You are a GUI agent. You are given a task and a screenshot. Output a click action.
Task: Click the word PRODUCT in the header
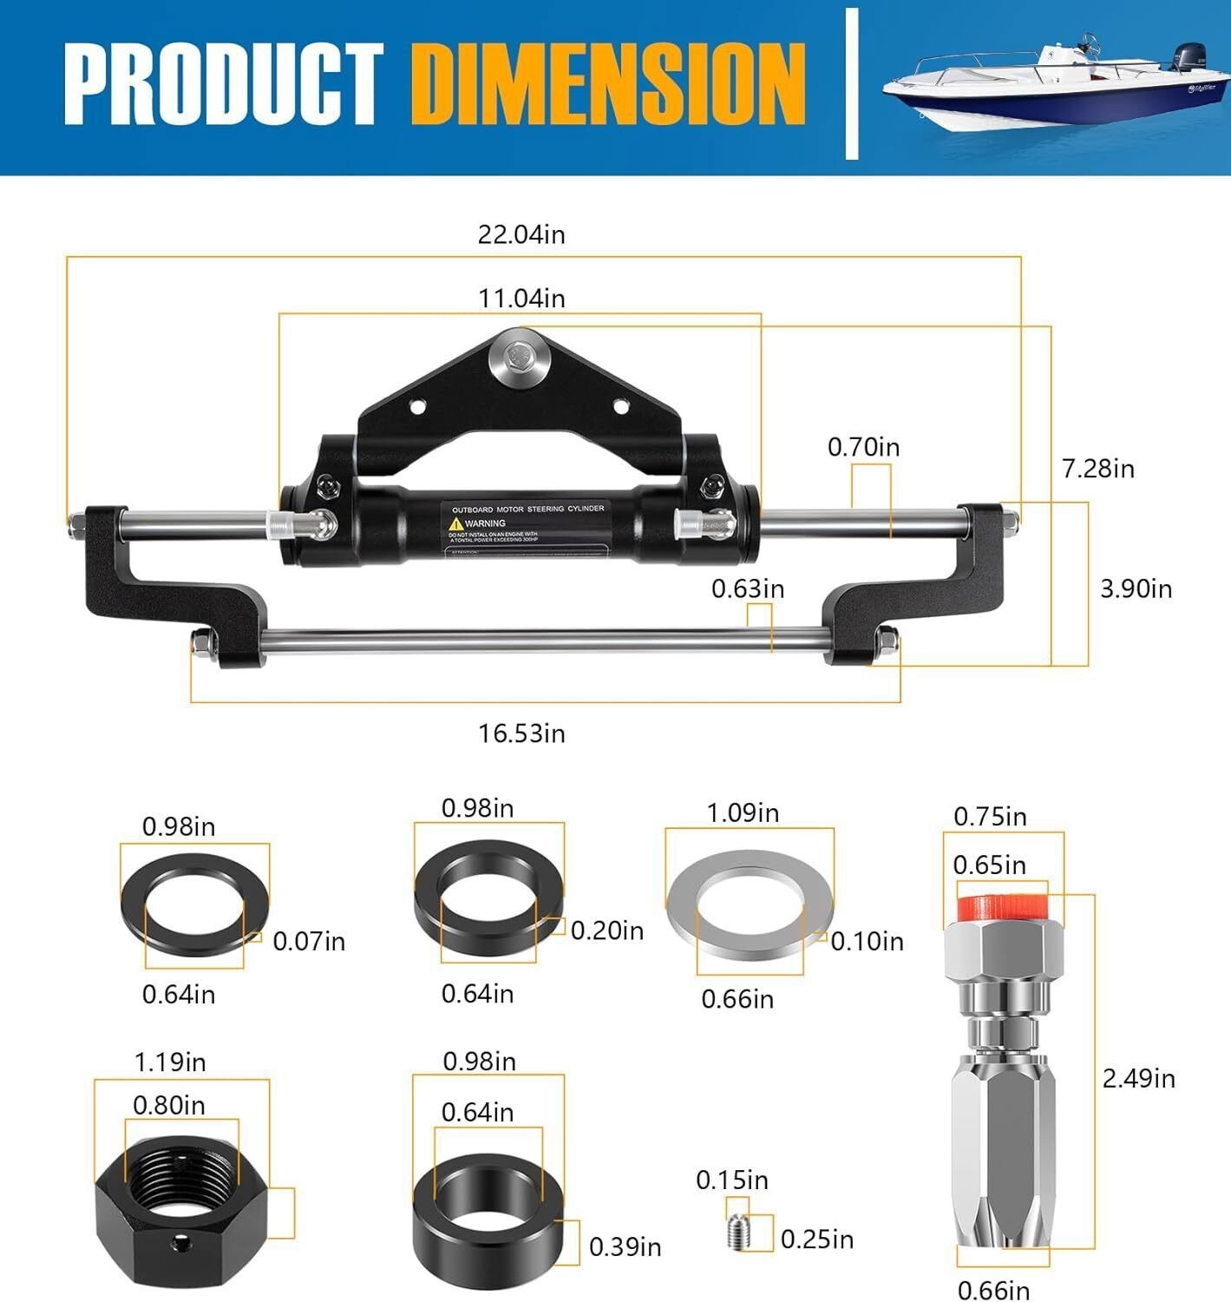tap(223, 85)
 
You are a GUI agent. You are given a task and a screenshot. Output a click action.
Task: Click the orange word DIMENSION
tap(608, 85)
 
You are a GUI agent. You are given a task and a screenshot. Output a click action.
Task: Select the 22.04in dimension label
tap(521, 234)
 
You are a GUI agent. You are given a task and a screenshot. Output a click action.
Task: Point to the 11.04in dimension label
tap(521, 299)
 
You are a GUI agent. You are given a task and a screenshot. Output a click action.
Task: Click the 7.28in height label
tap(1097, 469)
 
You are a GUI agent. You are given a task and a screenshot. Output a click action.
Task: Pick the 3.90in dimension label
tap(1136, 589)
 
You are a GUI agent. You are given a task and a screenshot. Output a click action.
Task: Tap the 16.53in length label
tap(521, 733)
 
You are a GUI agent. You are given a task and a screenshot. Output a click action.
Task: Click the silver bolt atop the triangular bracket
tap(520, 358)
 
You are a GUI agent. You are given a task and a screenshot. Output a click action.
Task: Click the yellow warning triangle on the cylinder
tap(455, 523)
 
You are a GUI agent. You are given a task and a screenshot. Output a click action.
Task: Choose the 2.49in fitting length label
tap(1138, 1078)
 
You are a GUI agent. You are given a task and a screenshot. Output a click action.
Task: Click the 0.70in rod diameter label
tap(863, 447)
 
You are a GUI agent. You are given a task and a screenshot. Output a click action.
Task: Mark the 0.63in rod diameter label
tap(747, 589)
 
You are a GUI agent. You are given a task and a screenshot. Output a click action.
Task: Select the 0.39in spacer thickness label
tap(625, 1247)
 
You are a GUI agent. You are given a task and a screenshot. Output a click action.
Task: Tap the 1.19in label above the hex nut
tap(170, 1062)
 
